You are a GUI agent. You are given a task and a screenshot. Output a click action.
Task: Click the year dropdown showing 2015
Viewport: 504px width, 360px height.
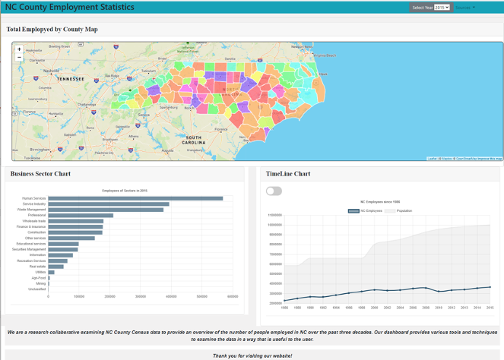click(442, 8)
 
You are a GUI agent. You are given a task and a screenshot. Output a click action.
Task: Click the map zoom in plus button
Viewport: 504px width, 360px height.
click(19, 49)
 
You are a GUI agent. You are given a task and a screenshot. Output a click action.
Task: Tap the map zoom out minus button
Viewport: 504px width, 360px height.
click(19, 58)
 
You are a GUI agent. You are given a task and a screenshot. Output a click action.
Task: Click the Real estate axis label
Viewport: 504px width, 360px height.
click(37, 267)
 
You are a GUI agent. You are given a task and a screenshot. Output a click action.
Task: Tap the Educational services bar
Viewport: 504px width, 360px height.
click(63, 244)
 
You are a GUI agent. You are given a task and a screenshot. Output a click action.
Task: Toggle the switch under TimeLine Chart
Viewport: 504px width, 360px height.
click(274, 191)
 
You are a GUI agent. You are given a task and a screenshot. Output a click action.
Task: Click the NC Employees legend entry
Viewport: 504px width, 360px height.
click(366, 210)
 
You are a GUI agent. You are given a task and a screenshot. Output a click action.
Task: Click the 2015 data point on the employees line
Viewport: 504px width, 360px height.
click(490, 287)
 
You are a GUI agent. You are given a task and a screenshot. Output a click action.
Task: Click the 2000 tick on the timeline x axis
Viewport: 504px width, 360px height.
click(374, 308)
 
